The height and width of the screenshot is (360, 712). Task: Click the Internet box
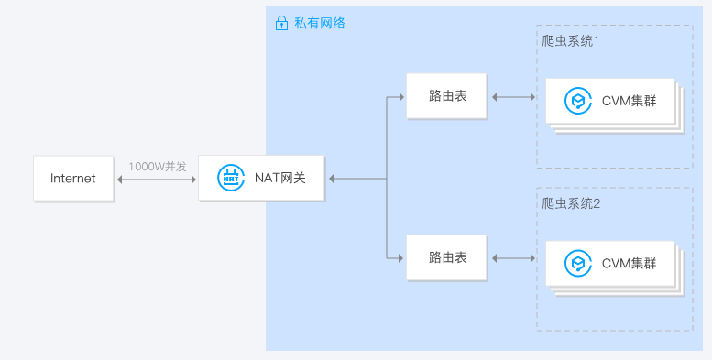[x=73, y=179]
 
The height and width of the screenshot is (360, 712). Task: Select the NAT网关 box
[x=262, y=179]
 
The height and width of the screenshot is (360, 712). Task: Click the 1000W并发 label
[x=158, y=167]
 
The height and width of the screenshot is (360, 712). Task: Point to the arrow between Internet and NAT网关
[x=158, y=180]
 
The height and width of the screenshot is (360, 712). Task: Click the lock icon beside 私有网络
[x=281, y=23]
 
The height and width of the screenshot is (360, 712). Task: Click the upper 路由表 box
[x=448, y=96]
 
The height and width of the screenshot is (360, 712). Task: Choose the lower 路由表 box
[x=448, y=257]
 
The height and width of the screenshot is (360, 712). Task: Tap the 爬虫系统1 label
[x=571, y=42]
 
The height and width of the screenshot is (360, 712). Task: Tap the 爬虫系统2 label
[x=571, y=203]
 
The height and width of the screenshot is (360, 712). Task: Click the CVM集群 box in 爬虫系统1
[x=609, y=101]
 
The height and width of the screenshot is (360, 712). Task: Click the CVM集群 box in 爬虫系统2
[x=609, y=264]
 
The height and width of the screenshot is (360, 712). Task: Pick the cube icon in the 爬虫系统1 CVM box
[x=577, y=101]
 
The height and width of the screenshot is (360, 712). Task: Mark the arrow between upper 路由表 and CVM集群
[x=515, y=96]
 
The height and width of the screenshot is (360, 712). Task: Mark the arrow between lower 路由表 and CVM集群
[x=515, y=257]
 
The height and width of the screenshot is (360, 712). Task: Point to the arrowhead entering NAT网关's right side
[x=332, y=179]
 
